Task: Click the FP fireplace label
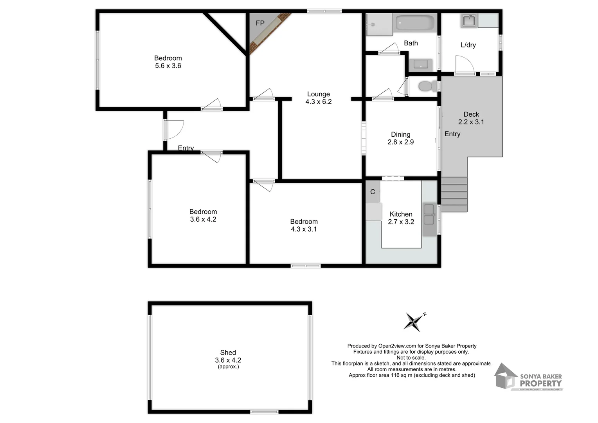pos(260,23)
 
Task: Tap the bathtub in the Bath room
pos(414,23)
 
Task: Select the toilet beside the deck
pos(427,86)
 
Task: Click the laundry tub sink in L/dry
pos(468,21)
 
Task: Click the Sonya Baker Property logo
pos(528,377)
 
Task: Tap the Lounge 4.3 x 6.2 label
pos(319,98)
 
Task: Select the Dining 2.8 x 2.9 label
pos(400,138)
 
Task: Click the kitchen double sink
pos(429,215)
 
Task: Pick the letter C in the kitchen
pos(373,192)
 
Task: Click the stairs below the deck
pos(454,194)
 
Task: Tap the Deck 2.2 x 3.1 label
pos(471,118)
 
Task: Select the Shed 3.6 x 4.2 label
pos(228,357)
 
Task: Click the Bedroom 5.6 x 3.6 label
pos(168,62)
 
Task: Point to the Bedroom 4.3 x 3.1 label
pos(304,225)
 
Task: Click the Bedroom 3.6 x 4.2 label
pos(203,215)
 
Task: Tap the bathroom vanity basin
pos(421,65)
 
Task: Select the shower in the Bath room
pos(378,24)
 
